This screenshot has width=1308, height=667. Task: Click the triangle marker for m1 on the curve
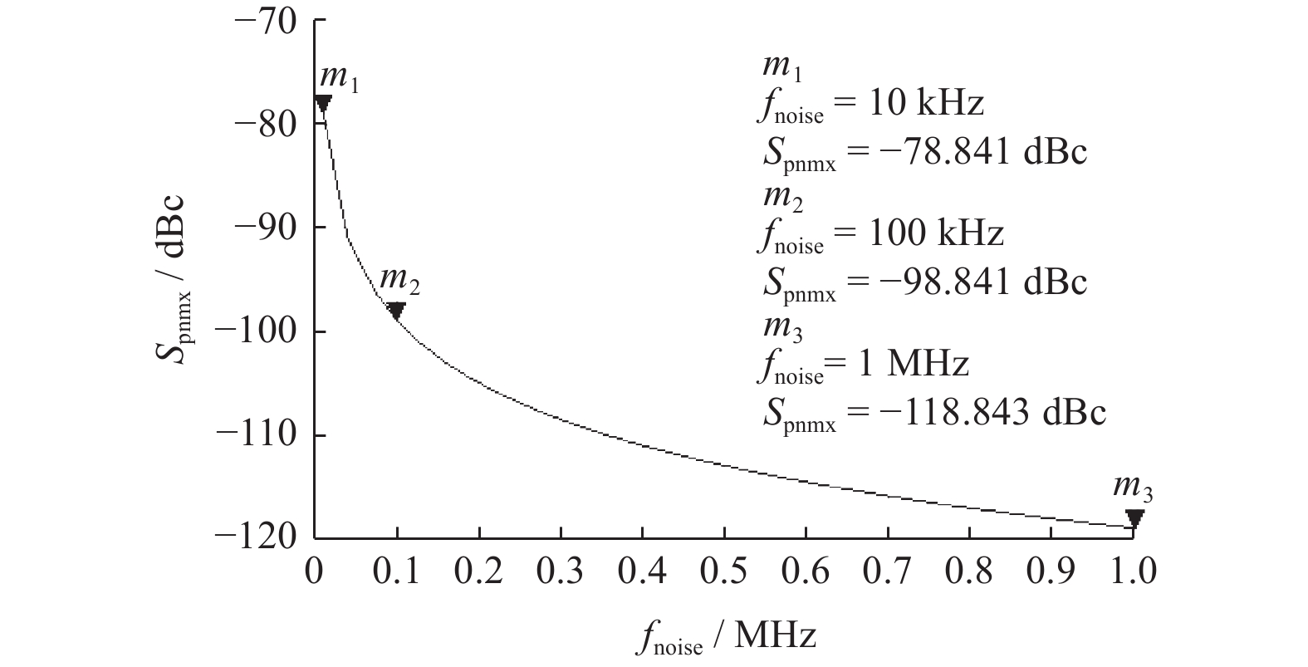point(323,103)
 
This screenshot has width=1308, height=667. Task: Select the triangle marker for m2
point(396,311)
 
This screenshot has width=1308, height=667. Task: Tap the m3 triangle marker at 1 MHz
point(1134,518)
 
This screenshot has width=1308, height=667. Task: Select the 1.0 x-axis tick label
point(1134,572)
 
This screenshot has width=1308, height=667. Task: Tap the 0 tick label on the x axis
point(315,572)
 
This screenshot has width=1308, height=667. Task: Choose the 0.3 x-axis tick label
point(561,572)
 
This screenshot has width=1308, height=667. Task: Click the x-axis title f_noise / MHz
point(728,637)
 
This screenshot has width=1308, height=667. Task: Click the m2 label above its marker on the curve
point(399,282)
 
